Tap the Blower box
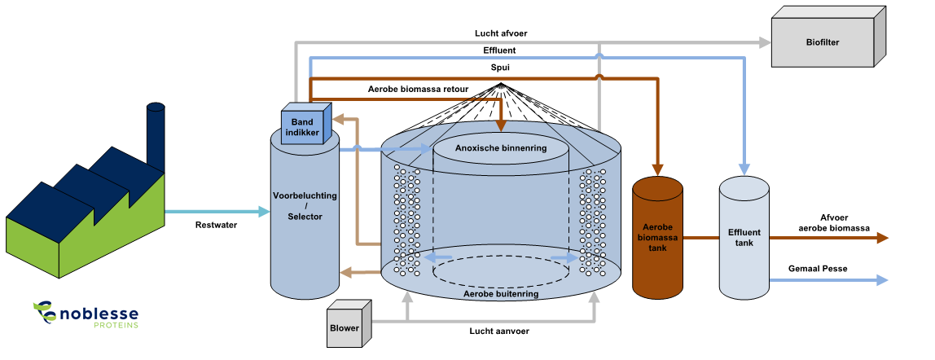pyautogui.click(x=345, y=328)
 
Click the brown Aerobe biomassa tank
pyautogui.click(x=657, y=237)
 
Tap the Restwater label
pyautogui.click(x=217, y=225)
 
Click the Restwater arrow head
pyautogui.click(x=264, y=212)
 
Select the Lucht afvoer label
pyautogui.click(x=502, y=34)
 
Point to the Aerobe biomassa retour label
pyautogui.click(x=419, y=89)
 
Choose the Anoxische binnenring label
pyautogui.click(x=500, y=148)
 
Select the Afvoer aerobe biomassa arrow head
pyautogui.click(x=881, y=238)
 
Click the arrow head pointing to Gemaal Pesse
pyautogui.click(x=881, y=280)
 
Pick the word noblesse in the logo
pyautogui.click(x=99, y=313)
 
